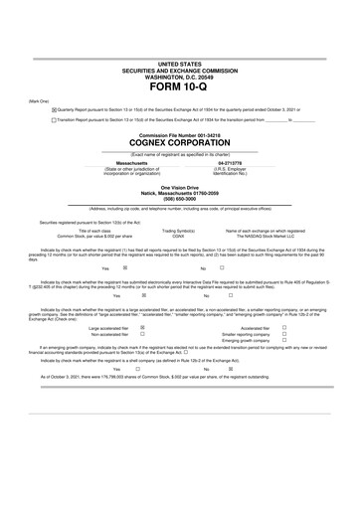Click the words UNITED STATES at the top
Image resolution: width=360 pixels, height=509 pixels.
pyautogui.click(x=179, y=63)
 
